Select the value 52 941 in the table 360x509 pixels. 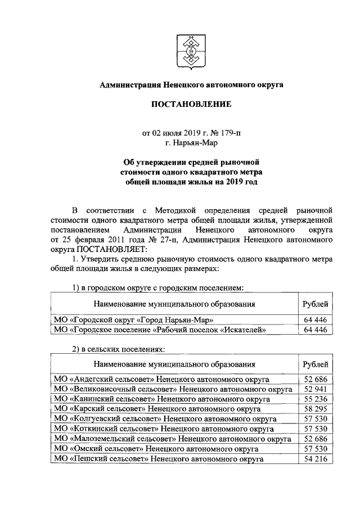[315, 389]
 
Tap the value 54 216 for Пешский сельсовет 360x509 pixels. [315, 459]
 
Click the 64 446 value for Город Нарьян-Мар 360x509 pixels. [315, 320]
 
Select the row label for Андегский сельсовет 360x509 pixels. [160, 379]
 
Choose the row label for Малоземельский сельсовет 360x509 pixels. [172, 439]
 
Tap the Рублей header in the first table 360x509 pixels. [315, 304]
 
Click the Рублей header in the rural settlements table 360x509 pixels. [315, 363]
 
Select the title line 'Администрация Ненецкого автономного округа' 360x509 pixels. [191, 84]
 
